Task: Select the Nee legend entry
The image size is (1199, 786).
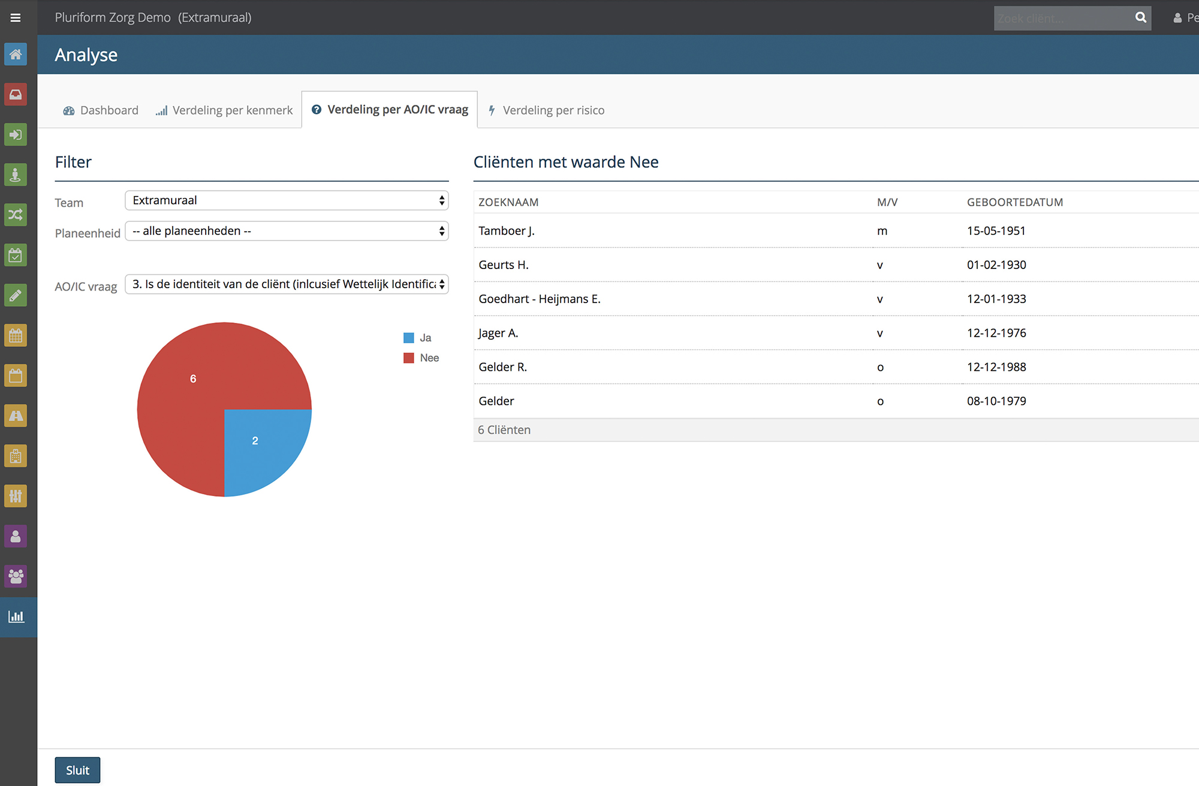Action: (x=421, y=358)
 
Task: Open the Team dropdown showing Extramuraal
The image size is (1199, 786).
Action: (x=287, y=200)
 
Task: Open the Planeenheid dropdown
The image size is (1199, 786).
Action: (x=287, y=231)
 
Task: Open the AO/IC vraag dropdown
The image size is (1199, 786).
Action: (x=287, y=284)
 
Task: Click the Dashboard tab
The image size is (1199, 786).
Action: (x=101, y=110)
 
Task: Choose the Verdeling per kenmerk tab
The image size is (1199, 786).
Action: (x=224, y=110)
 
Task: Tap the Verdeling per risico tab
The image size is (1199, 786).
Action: (x=546, y=110)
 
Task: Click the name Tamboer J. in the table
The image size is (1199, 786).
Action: (x=507, y=231)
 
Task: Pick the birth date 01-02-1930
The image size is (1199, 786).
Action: (x=996, y=265)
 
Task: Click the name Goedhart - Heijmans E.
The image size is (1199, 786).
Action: (x=540, y=299)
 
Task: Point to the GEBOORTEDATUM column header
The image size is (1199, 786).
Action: (x=1015, y=202)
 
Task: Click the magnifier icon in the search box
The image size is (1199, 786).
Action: (x=1141, y=18)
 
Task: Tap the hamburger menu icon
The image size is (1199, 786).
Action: (x=16, y=18)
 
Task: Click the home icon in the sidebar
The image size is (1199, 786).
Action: (x=16, y=55)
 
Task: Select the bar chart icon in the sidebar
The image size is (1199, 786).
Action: (x=16, y=616)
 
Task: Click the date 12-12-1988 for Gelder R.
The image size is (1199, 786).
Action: (x=996, y=367)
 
